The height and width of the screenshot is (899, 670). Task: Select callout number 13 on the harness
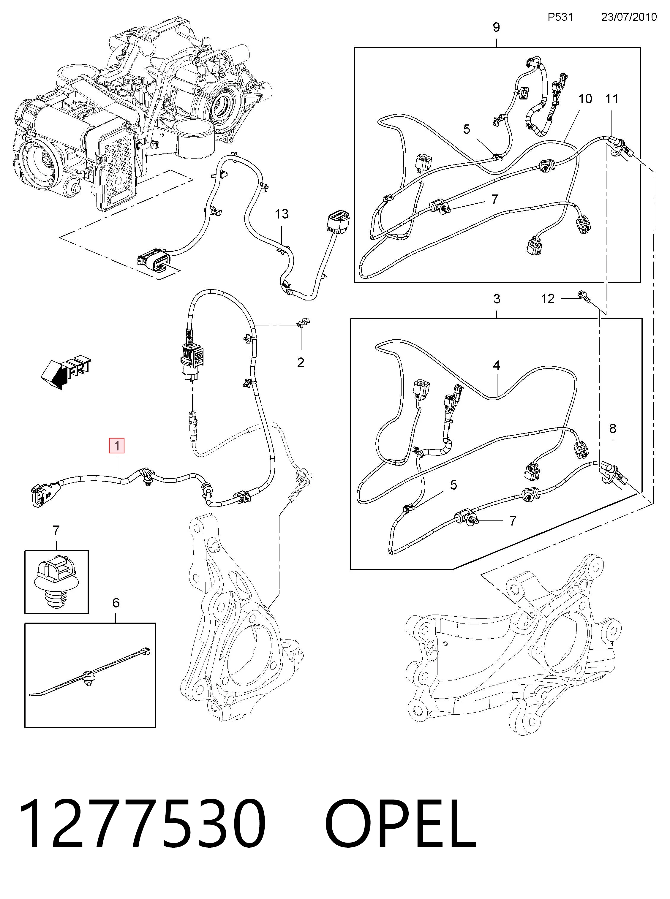click(x=282, y=214)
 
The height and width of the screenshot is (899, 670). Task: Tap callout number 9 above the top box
click(x=496, y=27)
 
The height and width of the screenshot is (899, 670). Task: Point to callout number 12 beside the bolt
click(x=548, y=299)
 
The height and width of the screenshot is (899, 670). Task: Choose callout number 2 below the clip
click(x=301, y=362)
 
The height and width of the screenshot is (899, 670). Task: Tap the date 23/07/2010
click(x=629, y=17)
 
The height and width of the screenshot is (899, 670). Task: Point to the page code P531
click(x=560, y=17)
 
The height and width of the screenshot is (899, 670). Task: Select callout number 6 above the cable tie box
click(x=116, y=614)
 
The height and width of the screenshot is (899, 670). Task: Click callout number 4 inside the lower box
click(x=497, y=365)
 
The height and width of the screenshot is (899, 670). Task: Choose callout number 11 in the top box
click(x=611, y=99)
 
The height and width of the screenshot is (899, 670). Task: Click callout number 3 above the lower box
click(x=497, y=299)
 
